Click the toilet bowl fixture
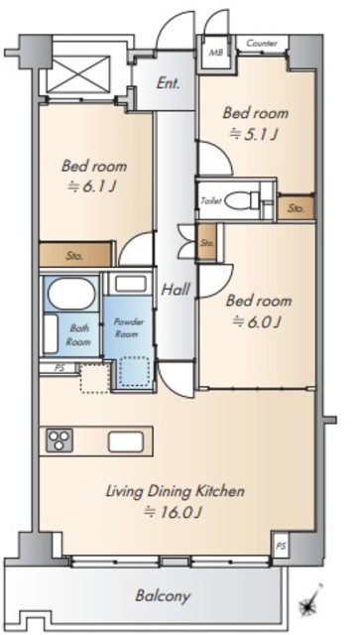(242, 200)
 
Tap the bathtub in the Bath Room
(71, 294)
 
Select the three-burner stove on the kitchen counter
(60, 441)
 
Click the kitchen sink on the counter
(126, 442)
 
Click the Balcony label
(163, 596)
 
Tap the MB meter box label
(213, 53)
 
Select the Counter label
(262, 43)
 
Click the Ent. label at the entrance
(169, 84)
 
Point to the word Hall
(177, 289)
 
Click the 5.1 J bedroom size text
(254, 134)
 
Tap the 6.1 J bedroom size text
(93, 186)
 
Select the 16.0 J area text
(174, 513)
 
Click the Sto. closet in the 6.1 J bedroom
(75, 254)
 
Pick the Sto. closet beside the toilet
(296, 208)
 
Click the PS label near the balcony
(281, 546)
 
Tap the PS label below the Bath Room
(60, 368)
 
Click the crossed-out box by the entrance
(78, 74)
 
